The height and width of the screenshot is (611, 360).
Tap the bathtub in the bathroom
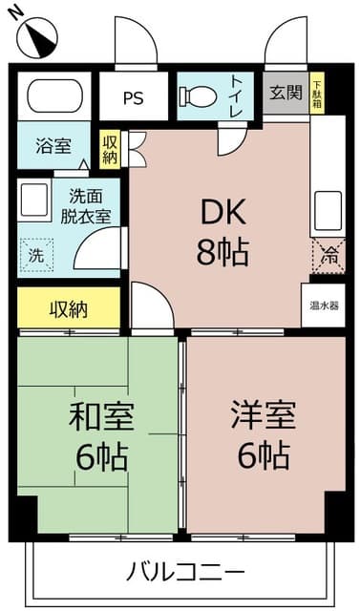point(53,96)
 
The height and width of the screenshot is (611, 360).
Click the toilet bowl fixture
point(198,96)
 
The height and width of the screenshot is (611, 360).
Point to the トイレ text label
point(235,96)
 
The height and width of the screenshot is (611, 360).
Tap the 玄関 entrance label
point(285,94)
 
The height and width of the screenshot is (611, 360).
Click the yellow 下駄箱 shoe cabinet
point(317,94)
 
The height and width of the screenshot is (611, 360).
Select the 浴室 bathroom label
point(53,147)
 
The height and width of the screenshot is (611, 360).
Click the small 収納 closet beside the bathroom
point(110,149)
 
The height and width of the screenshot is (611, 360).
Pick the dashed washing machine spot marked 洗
point(36,255)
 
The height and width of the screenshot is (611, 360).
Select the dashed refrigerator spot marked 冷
point(328,256)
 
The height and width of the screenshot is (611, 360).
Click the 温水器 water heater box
point(323,305)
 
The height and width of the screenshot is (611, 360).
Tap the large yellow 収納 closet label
point(69,308)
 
